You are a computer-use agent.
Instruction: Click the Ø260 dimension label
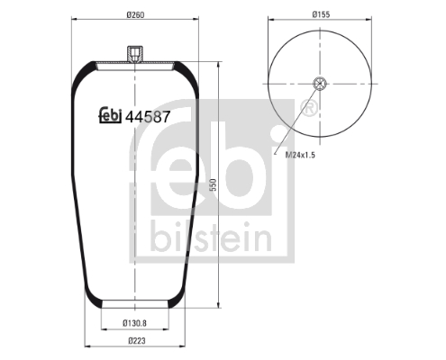(135, 14)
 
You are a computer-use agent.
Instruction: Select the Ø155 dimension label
(321, 14)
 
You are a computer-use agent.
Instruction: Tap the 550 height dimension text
(213, 184)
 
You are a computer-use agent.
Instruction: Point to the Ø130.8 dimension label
(134, 323)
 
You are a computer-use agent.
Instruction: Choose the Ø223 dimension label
(137, 340)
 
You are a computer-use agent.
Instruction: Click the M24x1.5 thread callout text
(300, 155)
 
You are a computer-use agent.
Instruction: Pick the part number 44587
(148, 117)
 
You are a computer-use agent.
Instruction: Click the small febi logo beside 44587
(110, 115)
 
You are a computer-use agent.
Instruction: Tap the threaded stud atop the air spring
(135, 54)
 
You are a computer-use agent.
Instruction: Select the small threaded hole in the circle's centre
(320, 84)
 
